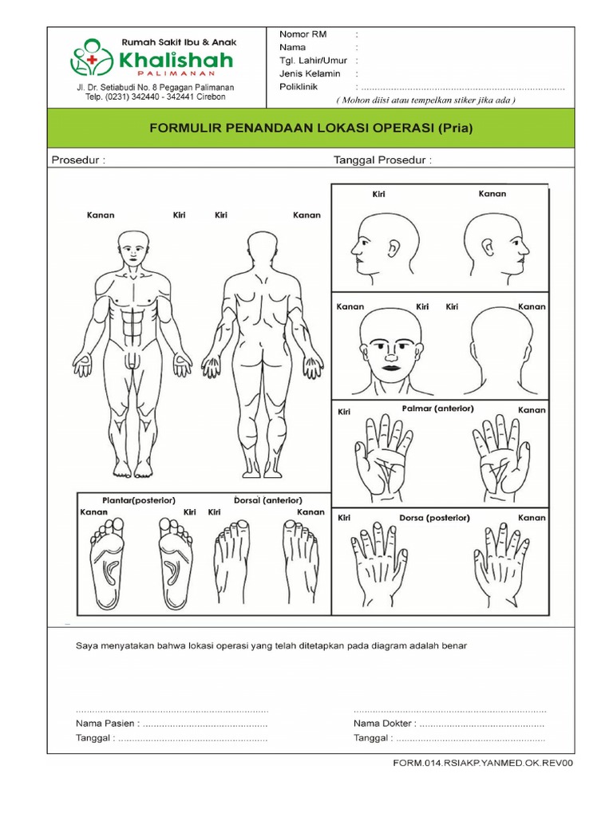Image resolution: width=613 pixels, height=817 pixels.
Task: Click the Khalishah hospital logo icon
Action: (92, 57)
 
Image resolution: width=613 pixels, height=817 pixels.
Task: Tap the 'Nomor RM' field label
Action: (303, 34)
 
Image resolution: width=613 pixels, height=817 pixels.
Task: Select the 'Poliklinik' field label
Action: (299, 87)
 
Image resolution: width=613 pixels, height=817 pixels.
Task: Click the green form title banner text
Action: (311, 128)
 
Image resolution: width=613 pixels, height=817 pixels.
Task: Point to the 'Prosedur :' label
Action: (78, 160)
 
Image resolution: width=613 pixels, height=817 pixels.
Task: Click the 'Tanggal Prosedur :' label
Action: (382, 160)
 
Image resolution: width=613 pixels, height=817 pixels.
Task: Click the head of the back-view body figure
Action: (263, 247)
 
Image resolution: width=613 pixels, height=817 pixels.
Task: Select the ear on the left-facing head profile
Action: (394, 249)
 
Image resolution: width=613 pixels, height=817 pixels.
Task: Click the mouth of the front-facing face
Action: (390, 367)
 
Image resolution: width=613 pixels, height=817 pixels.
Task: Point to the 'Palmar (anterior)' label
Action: (438, 408)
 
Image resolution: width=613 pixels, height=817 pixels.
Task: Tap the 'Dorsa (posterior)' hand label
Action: (435, 518)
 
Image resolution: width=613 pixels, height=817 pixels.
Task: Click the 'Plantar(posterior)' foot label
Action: (139, 500)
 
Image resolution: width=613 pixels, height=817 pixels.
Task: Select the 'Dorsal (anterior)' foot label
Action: (268, 500)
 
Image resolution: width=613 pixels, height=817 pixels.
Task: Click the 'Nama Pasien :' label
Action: (108, 723)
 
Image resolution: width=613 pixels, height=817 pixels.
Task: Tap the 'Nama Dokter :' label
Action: (386, 723)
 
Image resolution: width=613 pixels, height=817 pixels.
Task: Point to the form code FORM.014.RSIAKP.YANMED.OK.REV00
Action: (483, 764)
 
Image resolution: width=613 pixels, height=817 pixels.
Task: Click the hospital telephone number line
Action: (156, 97)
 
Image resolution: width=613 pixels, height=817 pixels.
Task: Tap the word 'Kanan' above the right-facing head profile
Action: (492, 194)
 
